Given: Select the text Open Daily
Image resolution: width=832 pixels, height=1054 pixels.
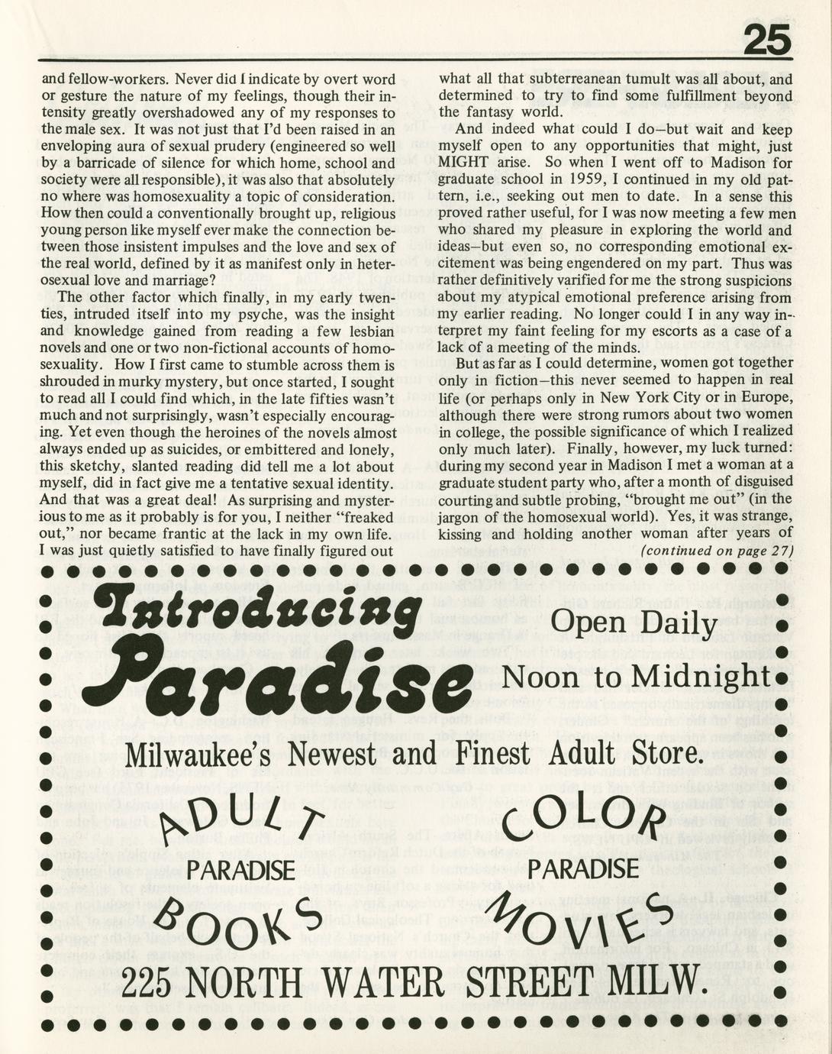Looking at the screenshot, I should pyautogui.click(x=634, y=625).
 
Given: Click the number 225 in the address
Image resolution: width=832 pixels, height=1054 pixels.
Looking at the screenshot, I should pyautogui.click(x=153, y=980).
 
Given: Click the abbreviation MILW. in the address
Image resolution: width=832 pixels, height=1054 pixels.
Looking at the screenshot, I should pyautogui.click(x=656, y=980).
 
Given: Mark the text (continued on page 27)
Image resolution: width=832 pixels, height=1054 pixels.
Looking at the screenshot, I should pyautogui.click(x=717, y=551).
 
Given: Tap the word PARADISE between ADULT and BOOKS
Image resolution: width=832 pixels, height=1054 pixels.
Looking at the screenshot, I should pyautogui.click(x=241, y=869).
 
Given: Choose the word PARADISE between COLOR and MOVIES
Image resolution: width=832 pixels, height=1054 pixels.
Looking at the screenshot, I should pyautogui.click(x=585, y=869).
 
